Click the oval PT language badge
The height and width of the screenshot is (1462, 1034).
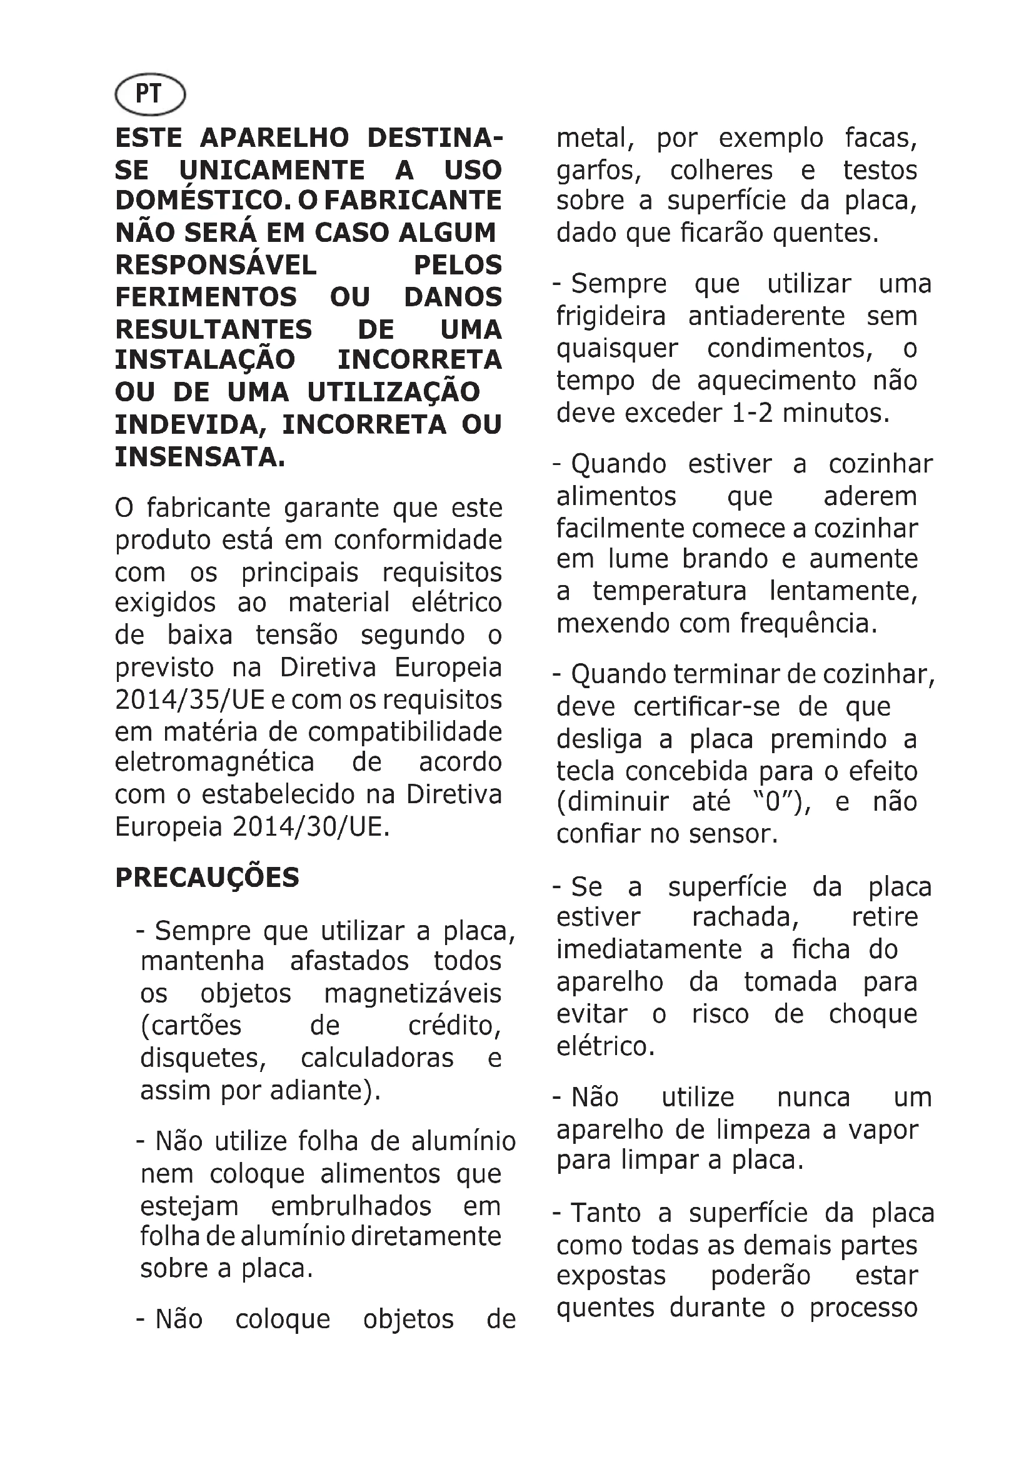149,95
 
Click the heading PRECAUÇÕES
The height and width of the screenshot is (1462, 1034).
207,878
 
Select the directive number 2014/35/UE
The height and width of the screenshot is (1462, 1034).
190,700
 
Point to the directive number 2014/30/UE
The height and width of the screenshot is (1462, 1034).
309,827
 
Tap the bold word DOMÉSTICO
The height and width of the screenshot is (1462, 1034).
199,201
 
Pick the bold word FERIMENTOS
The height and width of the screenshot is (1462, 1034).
206,298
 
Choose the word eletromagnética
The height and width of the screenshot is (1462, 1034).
214,762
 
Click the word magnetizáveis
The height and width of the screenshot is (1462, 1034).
413,993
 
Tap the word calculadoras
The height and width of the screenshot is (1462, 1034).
377,1058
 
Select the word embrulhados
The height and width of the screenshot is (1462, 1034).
351,1206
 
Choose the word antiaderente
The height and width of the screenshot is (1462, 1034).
766,316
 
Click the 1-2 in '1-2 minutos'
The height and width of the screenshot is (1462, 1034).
752,413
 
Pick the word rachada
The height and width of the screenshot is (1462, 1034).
746,918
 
